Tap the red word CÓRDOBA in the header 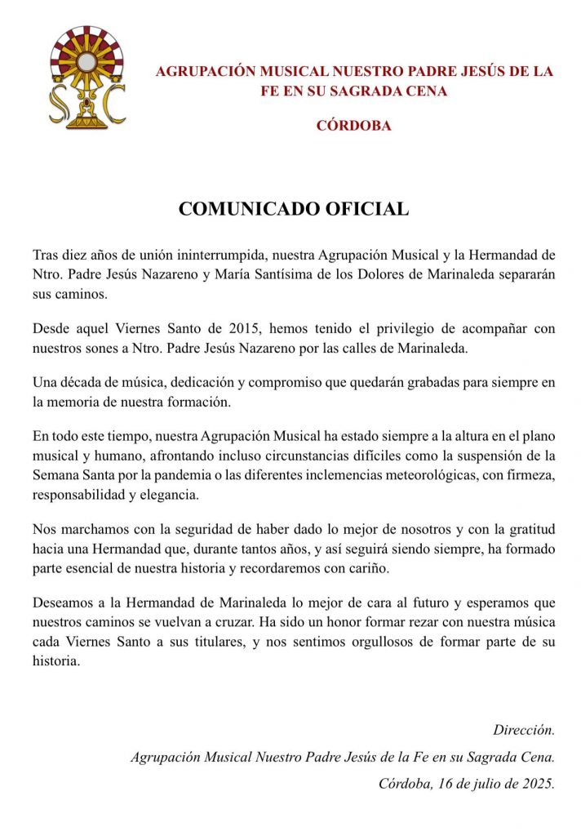[x=353, y=126]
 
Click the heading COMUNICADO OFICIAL [x=294, y=209]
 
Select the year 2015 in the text [x=246, y=329]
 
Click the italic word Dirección [x=524, y=730]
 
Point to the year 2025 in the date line [x=538, y=784]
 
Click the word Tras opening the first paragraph [x=46, y=254]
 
